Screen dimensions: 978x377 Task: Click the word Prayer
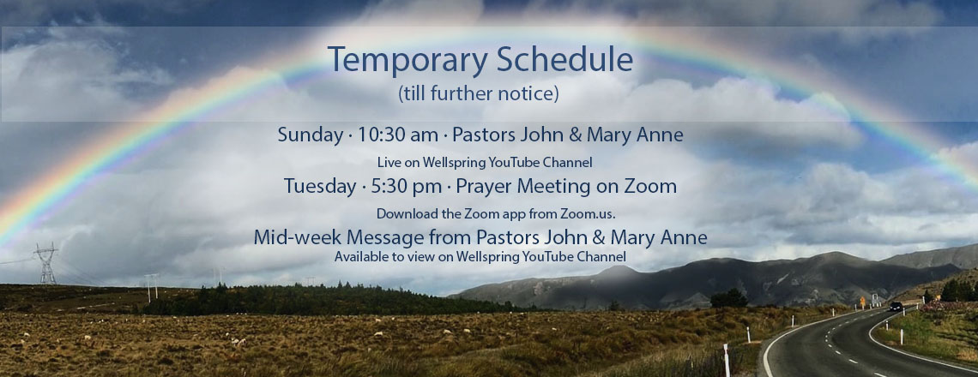(484, 186)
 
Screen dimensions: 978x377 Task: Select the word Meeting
(551, 186)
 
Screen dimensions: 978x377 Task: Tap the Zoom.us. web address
(588, 213)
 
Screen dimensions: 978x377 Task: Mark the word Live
(387, 162)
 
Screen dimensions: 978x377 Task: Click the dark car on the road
(896, 306)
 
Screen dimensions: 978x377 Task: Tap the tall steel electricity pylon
(45, 263)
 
